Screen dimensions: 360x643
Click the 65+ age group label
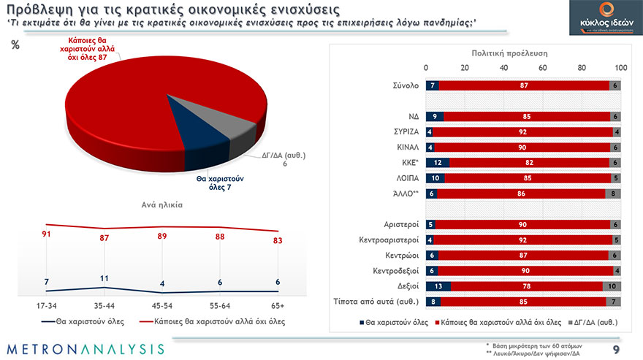coord(277,305)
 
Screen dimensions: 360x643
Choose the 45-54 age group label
coord(161,305)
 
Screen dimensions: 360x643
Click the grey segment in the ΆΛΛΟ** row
coord(614,194)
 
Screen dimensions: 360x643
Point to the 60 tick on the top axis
coord(543,68)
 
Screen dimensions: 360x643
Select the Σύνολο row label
coord(403,85)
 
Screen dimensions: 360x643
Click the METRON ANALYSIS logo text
coord(86,348)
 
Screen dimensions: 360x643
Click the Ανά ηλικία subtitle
coord(161,205)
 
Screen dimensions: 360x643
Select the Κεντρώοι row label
coord(401,256)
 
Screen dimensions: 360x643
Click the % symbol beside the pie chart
coord(15,45)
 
